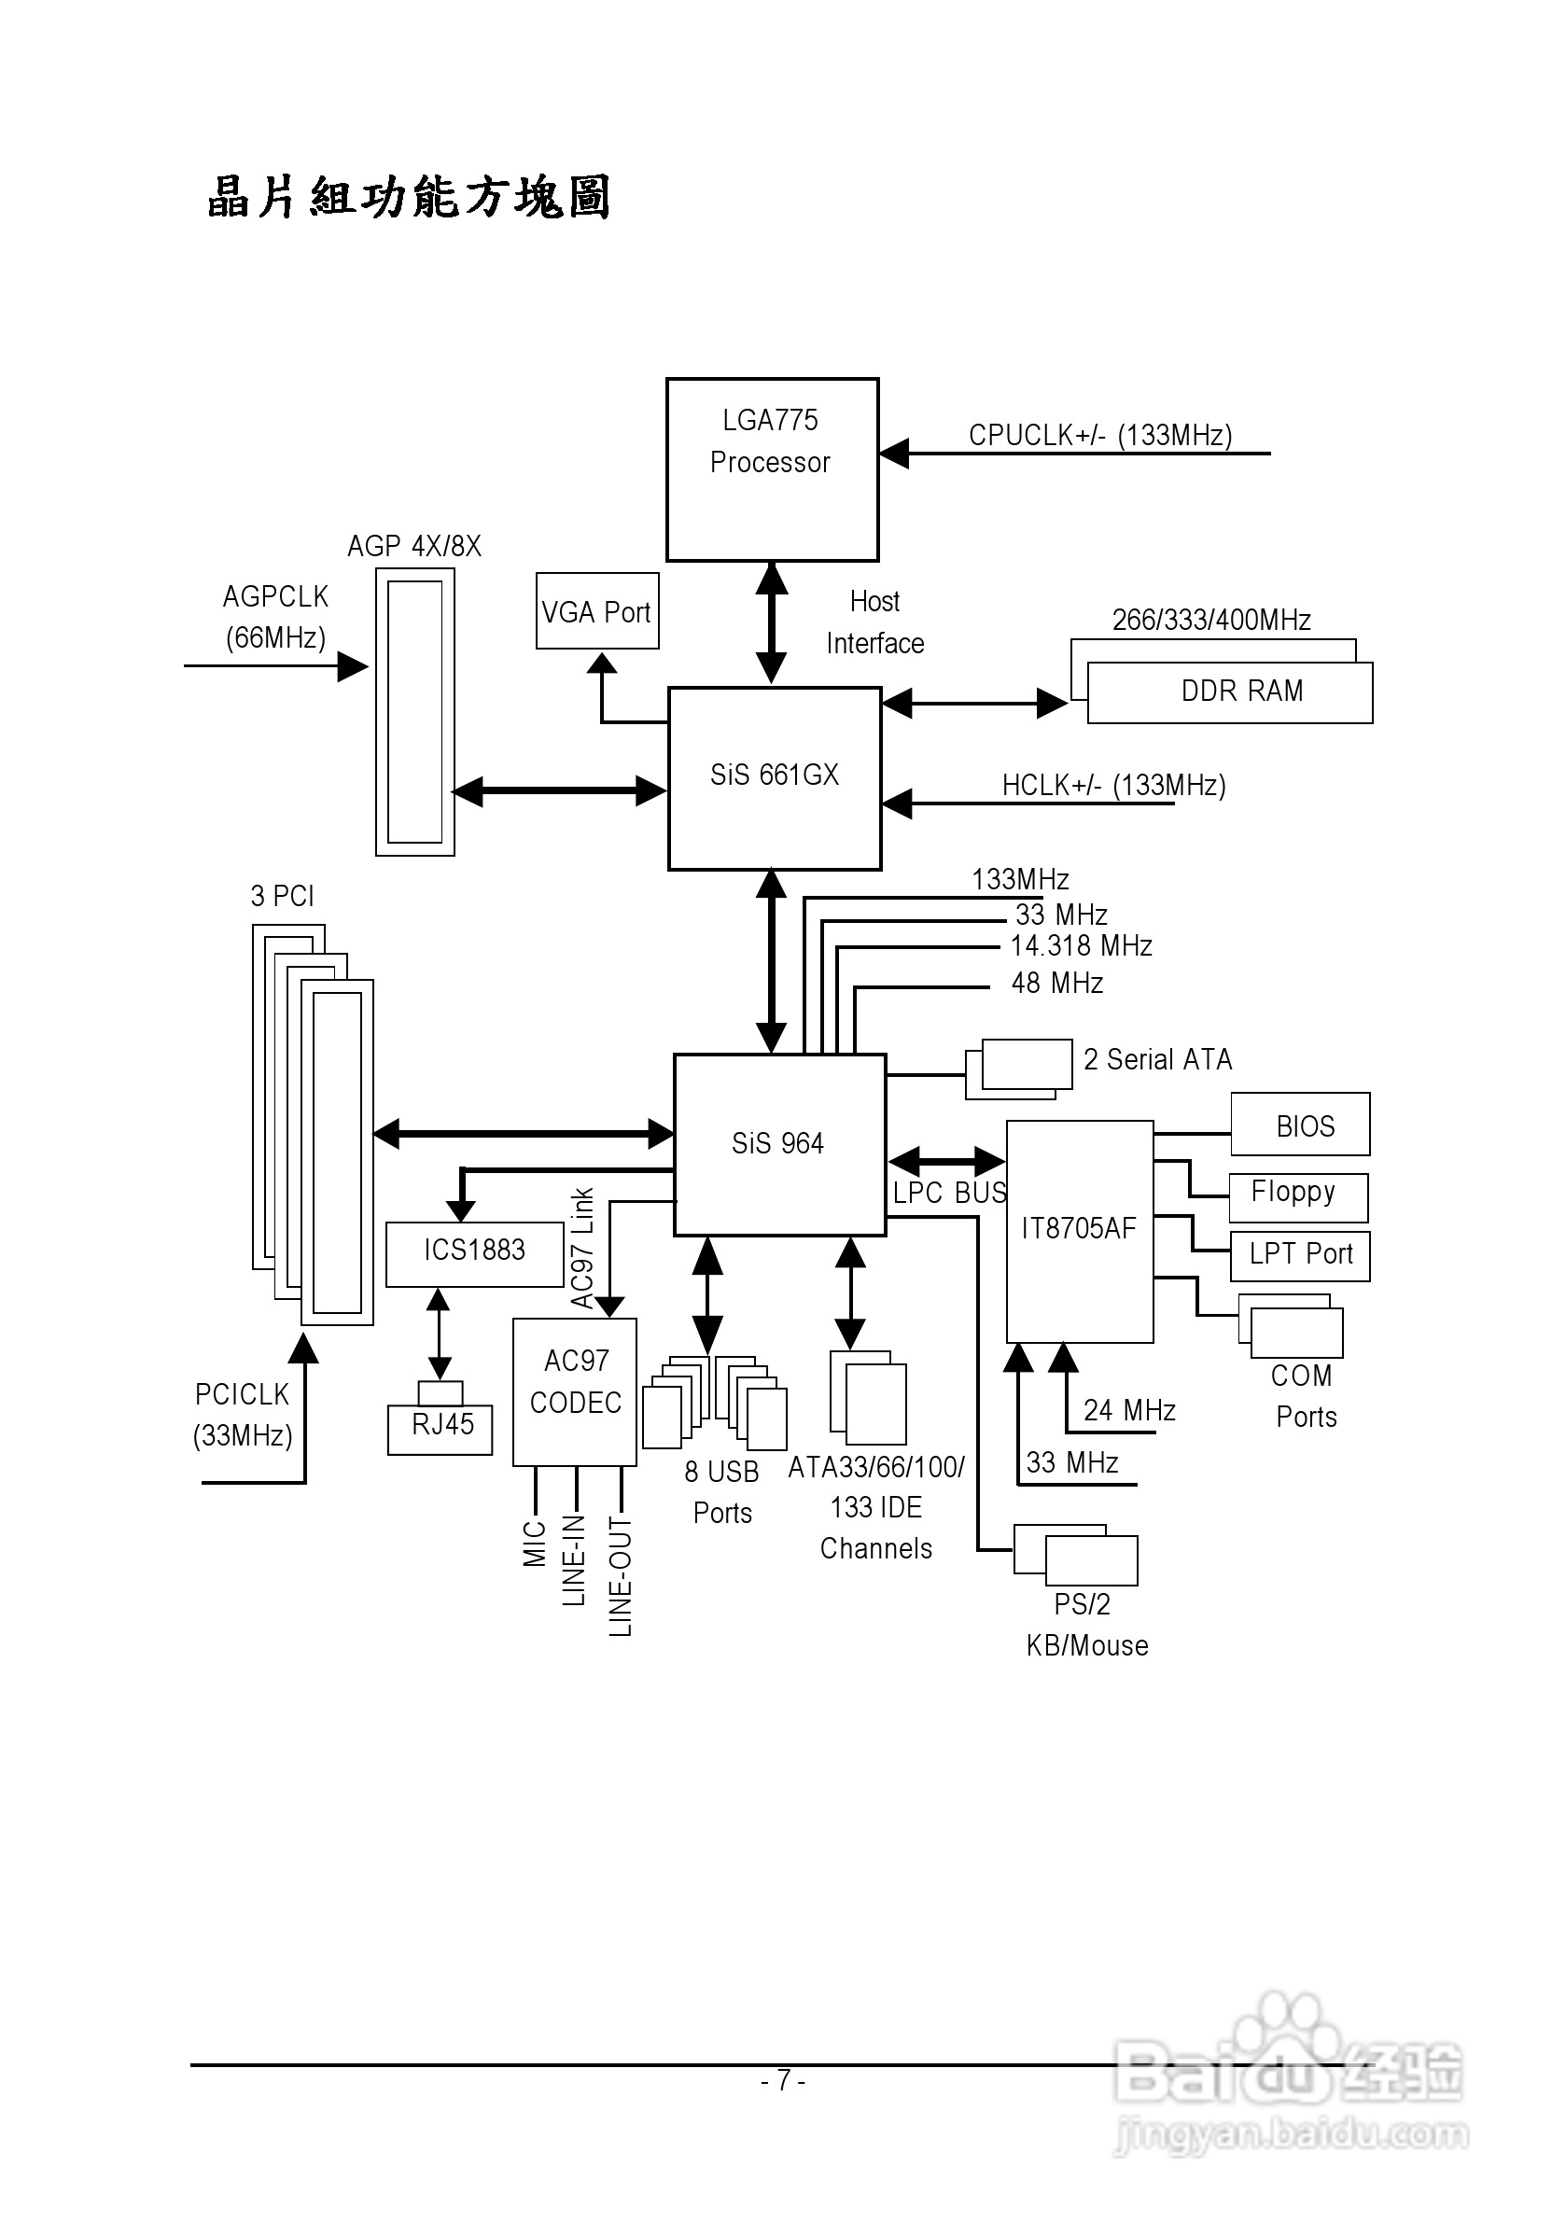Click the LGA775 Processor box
772,469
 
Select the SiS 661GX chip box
775,778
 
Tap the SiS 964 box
779,1144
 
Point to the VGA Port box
597,611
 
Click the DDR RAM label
1242,691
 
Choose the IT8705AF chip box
1079,1230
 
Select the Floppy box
1297,1195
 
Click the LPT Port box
1300,1255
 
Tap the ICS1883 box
474,1252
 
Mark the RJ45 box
441,1428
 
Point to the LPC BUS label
948,1194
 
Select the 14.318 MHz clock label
1081,945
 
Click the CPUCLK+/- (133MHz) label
1100,436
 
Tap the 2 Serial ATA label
1157,1060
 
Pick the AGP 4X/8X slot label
414,547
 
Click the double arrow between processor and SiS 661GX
772,623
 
